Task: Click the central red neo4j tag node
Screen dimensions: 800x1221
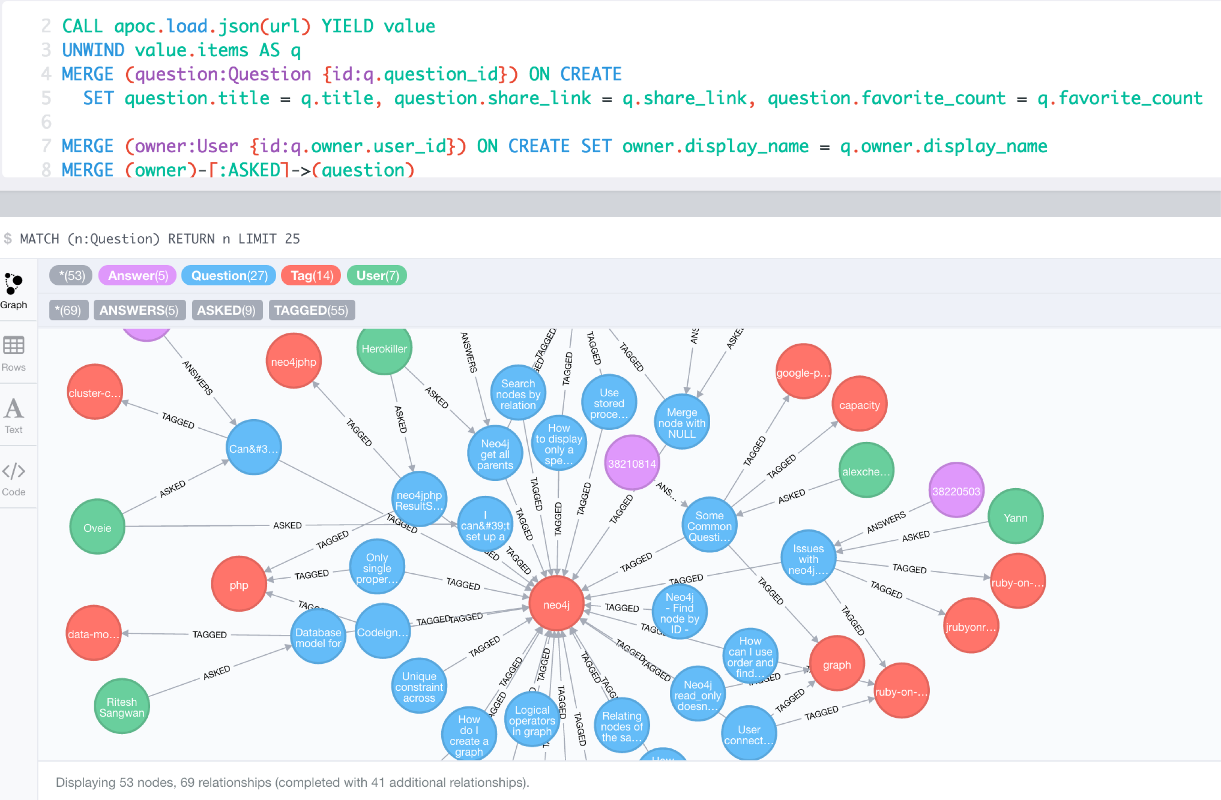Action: [x=556, y=604]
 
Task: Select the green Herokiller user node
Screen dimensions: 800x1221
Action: [x=384, y=348]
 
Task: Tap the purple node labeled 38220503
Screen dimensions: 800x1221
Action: [x=956, y=491]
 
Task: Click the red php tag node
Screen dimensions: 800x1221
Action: [x=239, y=584]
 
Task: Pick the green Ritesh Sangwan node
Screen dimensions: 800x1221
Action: [x=122, y=707]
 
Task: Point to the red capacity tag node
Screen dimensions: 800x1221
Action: [x=859, y=405]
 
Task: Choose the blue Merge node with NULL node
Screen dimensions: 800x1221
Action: [x=682, y=422]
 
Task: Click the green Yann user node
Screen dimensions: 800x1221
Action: [x=1015, y=517]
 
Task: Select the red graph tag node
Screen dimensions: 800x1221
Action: [x=837, y=664]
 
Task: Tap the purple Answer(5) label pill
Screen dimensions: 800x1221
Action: [x=138, y=275]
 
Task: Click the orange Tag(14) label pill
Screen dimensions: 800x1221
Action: [x=312, y=275]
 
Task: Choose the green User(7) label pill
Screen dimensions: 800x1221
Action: [x=377, y=275]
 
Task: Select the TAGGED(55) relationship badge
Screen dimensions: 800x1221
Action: [x=311, y=310]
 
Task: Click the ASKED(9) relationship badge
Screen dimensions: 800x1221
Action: [x=226, y=310]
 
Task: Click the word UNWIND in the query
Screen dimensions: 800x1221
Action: [x=93, y=50]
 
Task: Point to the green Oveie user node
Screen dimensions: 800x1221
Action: [x=97, y=527]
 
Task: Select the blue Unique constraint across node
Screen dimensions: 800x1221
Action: [x=418, y=686]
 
